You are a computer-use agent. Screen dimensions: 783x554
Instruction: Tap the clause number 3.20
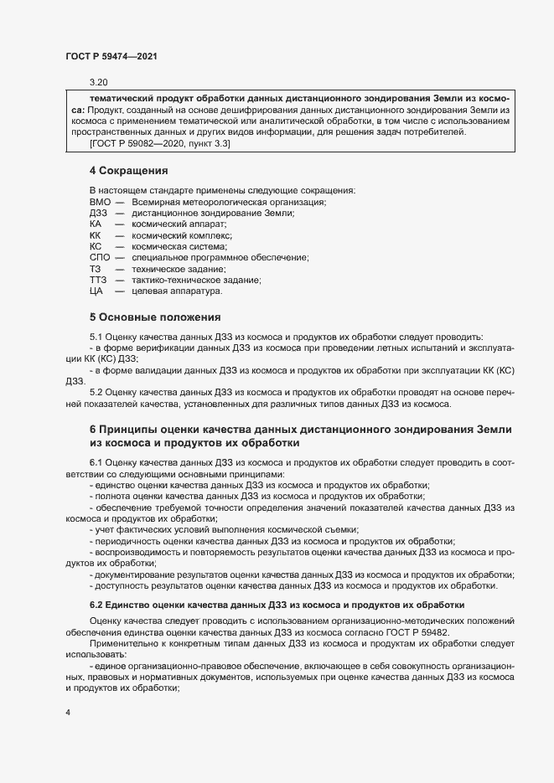[99, 82]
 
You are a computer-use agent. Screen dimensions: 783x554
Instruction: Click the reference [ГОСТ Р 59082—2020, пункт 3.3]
[159, 144]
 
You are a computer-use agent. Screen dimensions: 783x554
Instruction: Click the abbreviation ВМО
[100, 202]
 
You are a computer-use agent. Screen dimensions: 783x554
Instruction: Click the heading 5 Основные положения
[154, 317]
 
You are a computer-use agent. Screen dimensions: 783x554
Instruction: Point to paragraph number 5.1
[96, 335]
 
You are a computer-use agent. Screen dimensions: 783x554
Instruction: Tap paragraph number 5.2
[96, 392]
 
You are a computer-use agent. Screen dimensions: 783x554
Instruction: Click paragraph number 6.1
[96, 462]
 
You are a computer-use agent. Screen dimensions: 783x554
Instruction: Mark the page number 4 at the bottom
[68, 712]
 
